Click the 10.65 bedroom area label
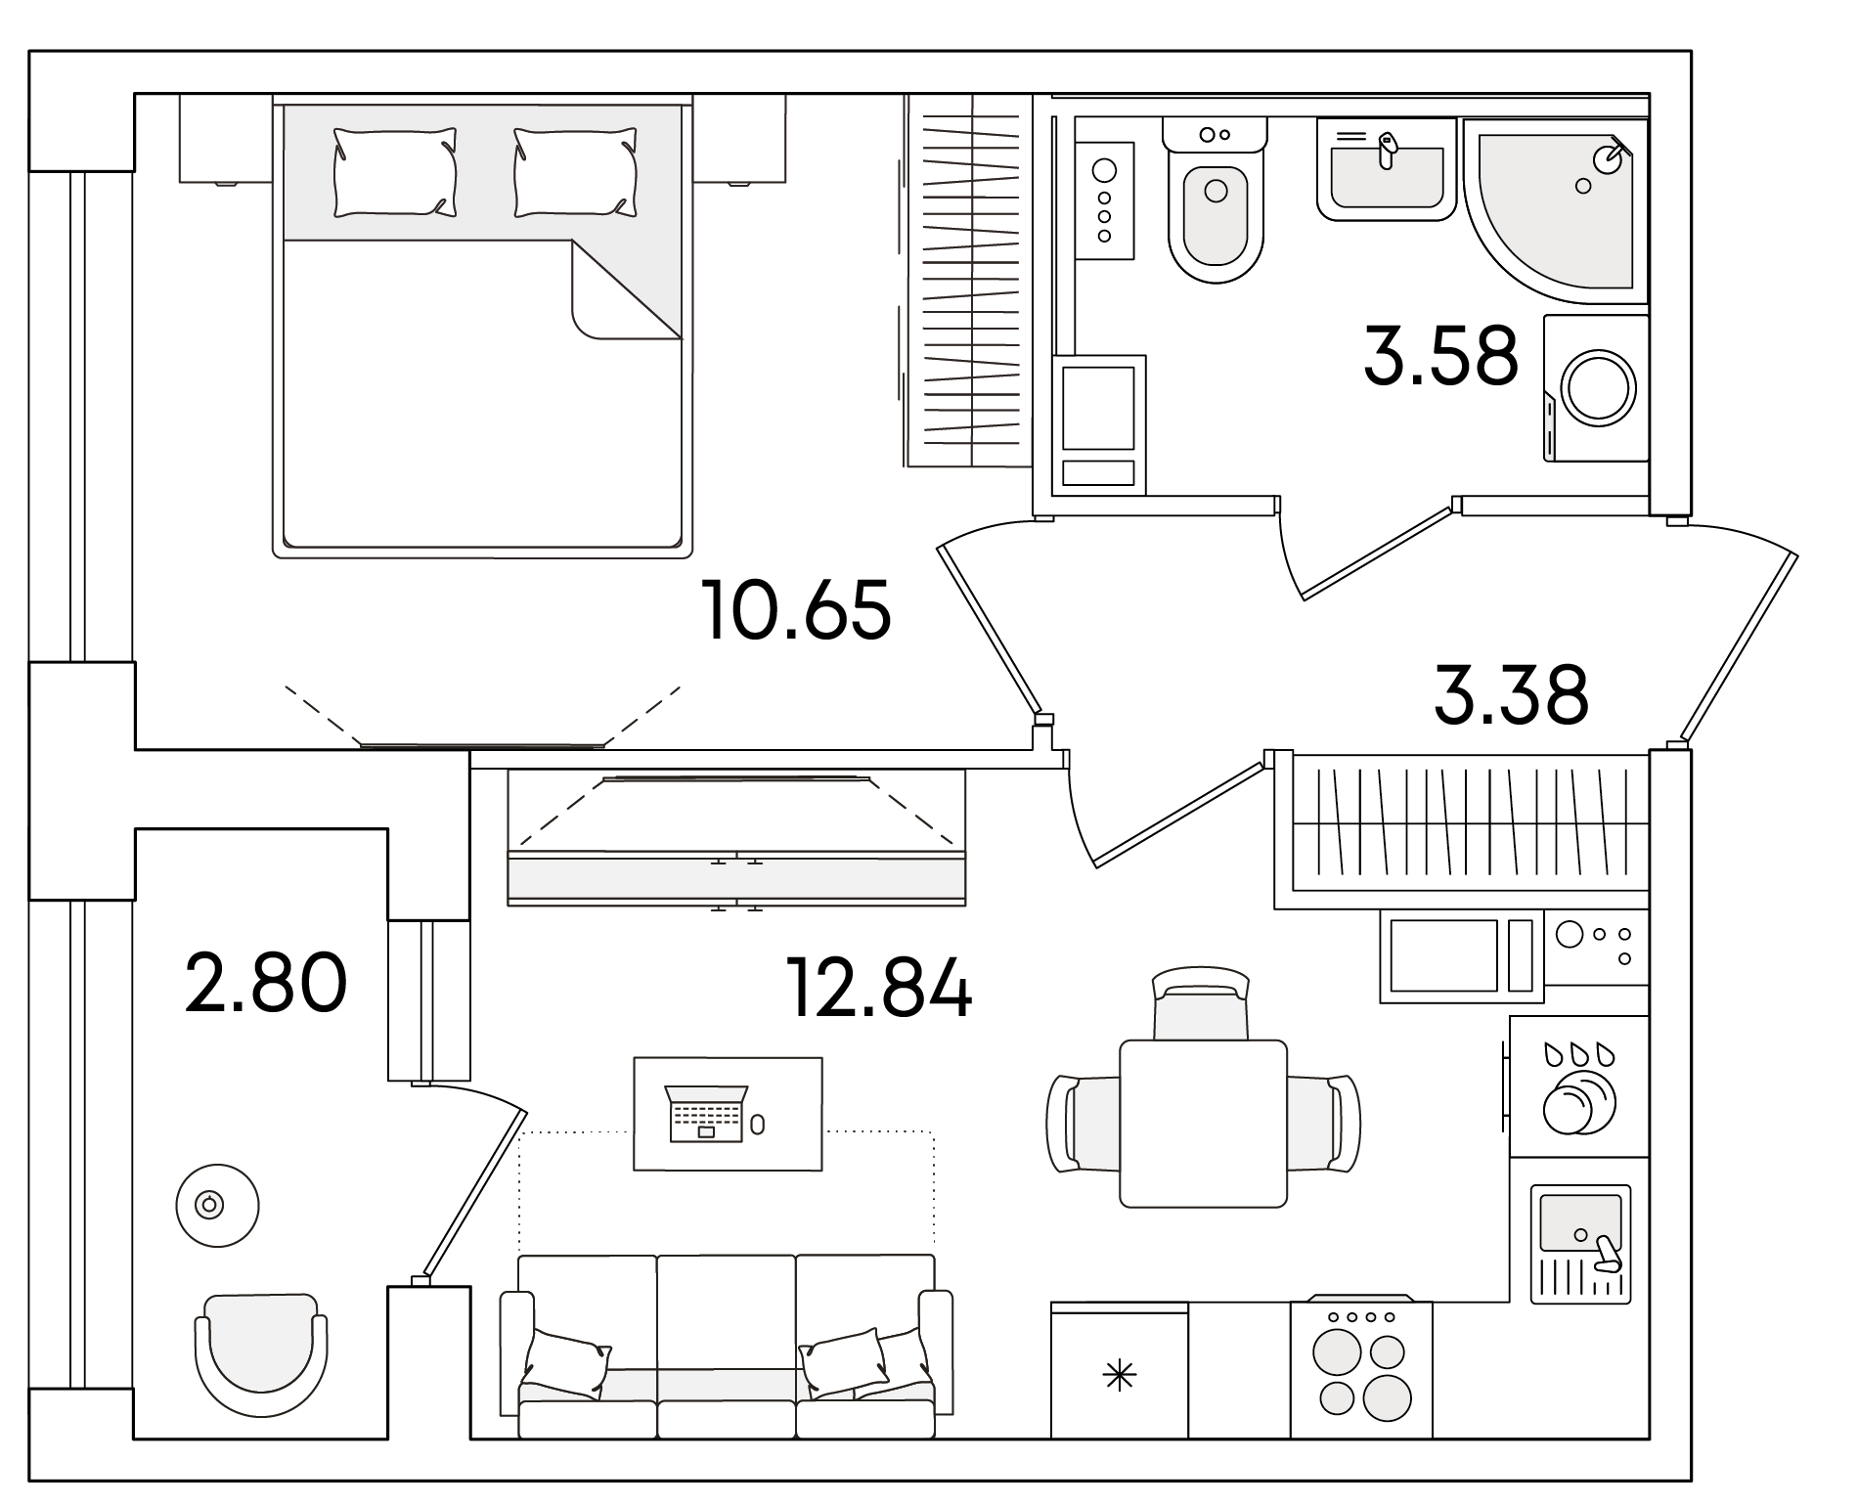pyautogui.click(x=797, y=609)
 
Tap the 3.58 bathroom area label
pyautogui.click(x=1440, y=355)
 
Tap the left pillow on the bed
pyautogui.click(x=395, y=172)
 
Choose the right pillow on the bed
pyautogui.click(x=575, y=172)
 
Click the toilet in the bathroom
pyautogui.click(x=1216, y=200)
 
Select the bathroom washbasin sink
pyautogui.click(x=1387, y=169)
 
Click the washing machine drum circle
pyautogui.click(x=1599, y=388)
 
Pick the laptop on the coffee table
pyautogui.click(x=706, y=1113)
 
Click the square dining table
pyautogui.click(x=1203, y=1124)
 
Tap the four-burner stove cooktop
pyautogui.click(x=1361, y=1369)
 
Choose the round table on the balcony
pyautogui.click(x=217, y=1206)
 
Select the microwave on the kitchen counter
pyautogui.click(x=1461, y=955)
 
